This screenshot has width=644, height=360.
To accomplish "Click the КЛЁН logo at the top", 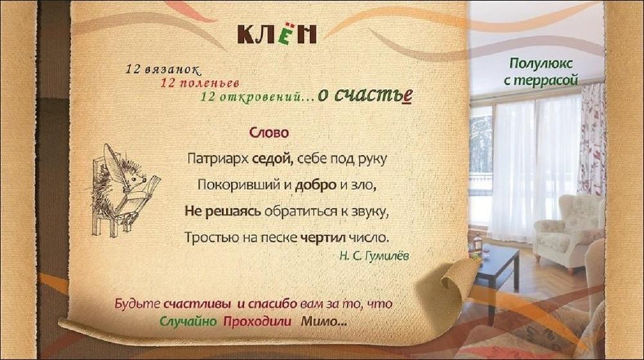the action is tap(277, 33).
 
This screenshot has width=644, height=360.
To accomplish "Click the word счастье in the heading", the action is tap(373, 95).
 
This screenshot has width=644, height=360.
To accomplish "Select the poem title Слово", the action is tap(269, 133).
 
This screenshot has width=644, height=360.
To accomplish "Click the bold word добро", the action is tap(316, 185).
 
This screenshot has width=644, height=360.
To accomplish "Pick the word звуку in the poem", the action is tap(368, 212).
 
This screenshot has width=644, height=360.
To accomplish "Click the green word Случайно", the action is tap(187, 321).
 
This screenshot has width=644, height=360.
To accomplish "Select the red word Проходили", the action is tap(258, 321).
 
